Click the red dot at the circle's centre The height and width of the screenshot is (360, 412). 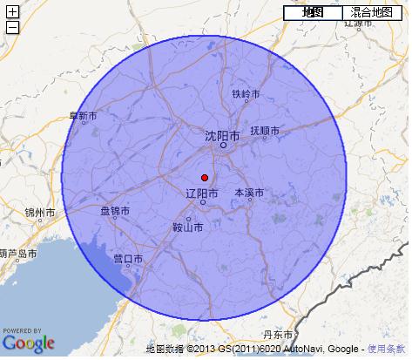point(204,177)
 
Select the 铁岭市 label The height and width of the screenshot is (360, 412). point(247,94)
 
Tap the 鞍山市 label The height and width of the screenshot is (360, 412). point(188,228)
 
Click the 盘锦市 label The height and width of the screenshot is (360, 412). point(115,211)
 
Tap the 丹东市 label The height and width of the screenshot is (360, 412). point(276,334)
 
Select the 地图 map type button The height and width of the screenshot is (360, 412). point(313,12)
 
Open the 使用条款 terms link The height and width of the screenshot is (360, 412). point(386,349)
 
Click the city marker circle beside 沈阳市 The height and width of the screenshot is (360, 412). point(223,146)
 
